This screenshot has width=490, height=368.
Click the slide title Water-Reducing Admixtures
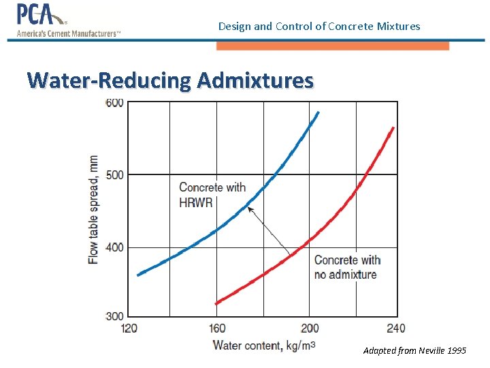(x=171, y=80)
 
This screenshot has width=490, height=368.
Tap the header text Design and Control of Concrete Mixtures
(x=319, y=27)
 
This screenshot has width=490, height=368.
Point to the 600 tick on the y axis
(x=114, y=103)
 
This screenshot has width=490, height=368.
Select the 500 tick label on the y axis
(x=114, y=174)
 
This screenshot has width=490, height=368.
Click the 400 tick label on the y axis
(x=114, y=247)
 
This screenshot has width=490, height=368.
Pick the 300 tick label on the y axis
(x=114, y=316)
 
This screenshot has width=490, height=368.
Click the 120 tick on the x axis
(x=129, y=328)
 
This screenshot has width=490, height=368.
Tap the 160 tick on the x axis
(x=216, y=328)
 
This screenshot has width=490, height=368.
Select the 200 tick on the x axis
(x=309, y=328)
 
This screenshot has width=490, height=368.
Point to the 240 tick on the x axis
(x=395, y=328)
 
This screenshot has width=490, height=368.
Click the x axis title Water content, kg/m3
(x=264, y=346)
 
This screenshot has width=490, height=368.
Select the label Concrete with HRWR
(x=212, y=194)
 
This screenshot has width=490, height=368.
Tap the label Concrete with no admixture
(x=347, y=267)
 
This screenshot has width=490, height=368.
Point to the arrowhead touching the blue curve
(x=249, y=209)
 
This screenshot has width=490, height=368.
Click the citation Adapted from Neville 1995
(x=414, y=350)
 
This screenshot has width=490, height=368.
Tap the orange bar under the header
(x=333, y=46)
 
